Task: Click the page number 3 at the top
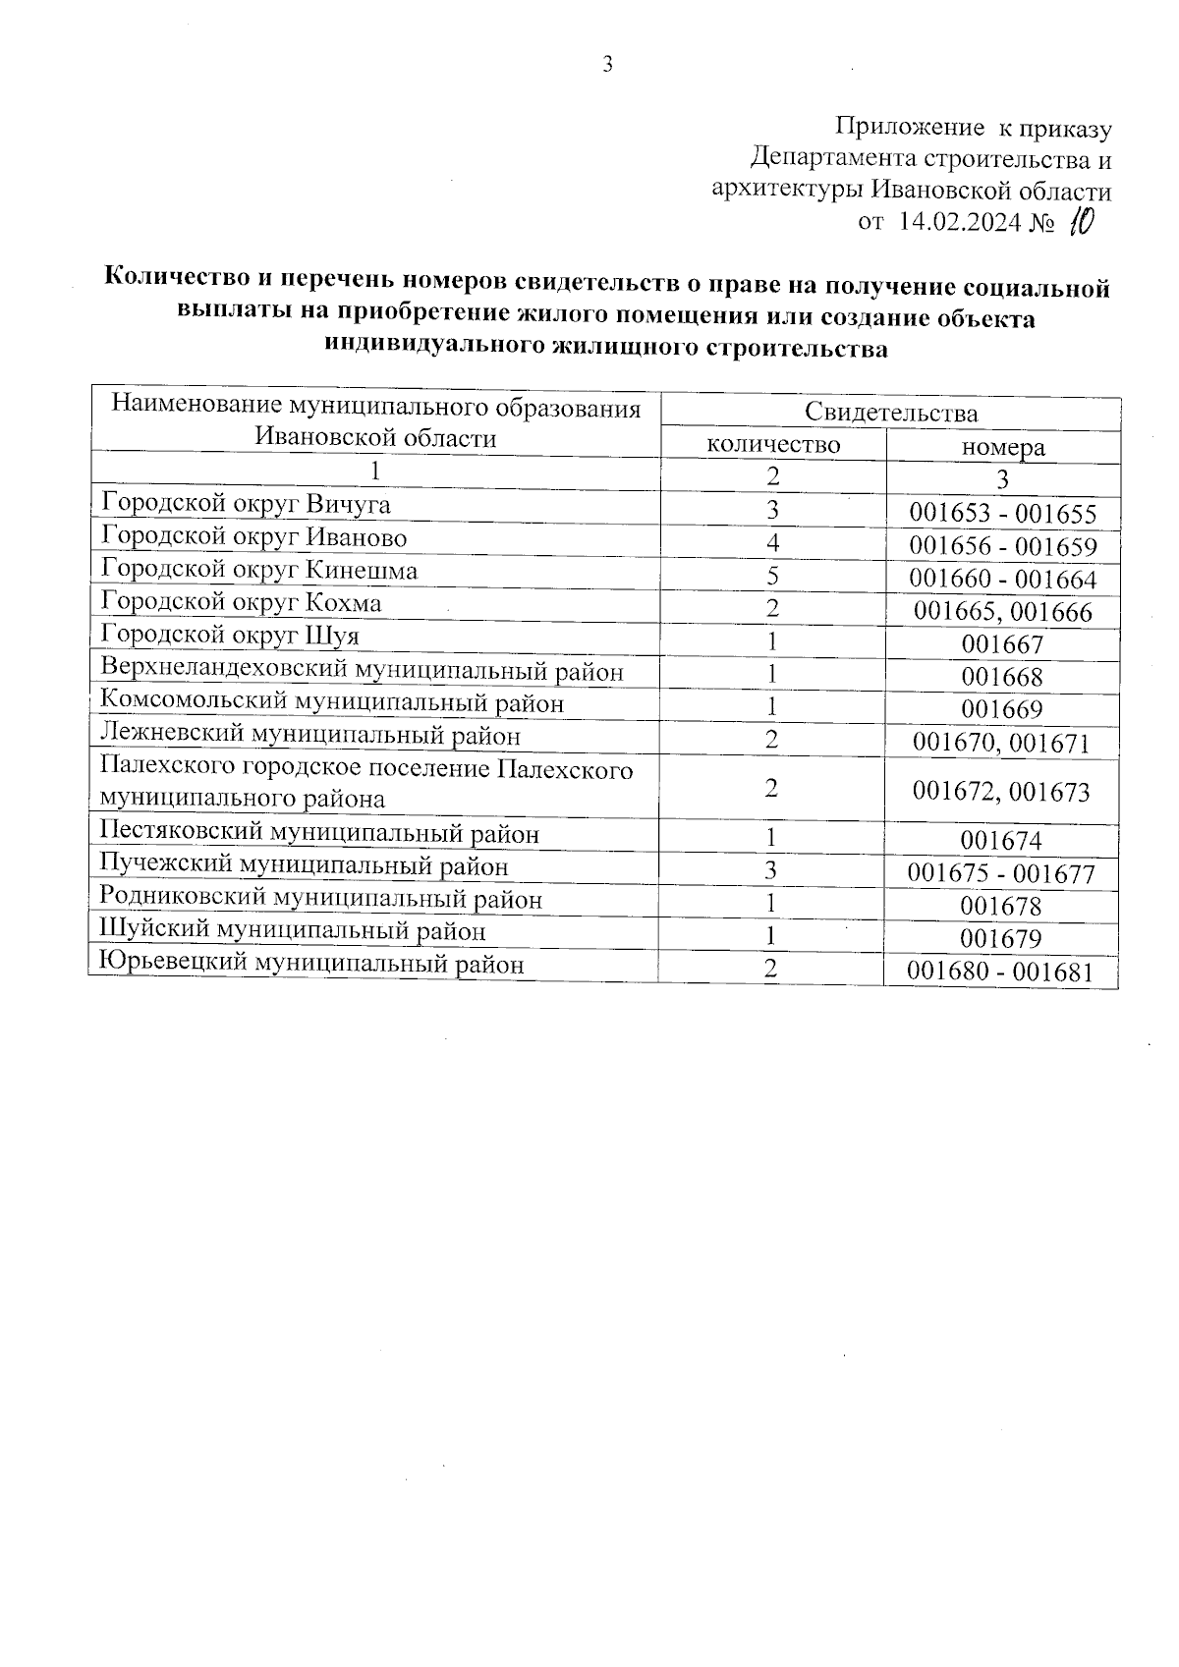point(607,65)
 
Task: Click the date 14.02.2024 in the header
point(959,222)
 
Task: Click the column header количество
point(773,445)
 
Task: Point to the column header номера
point(1002,448)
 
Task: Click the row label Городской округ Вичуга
point(246,505)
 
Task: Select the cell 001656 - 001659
point(1002,546)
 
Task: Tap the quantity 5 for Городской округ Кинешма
point(773,577)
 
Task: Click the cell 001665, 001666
point(1002,612)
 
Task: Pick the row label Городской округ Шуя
point(230,636)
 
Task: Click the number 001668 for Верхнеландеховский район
point(1002,677)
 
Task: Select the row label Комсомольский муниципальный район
point(332,703)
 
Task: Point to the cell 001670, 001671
point(1001,743)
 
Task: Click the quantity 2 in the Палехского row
point(772,788)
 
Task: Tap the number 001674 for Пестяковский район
point(1001,841)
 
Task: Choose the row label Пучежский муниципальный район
point(305,866)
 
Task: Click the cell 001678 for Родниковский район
point(1001,906)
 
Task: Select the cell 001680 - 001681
point(999,972)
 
